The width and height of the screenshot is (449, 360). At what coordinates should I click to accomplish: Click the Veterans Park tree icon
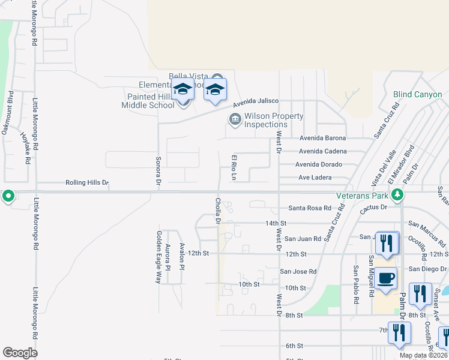point(397,194)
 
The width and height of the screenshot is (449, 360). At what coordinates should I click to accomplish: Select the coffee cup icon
point(387,278)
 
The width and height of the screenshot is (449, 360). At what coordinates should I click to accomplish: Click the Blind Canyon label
point(417,95)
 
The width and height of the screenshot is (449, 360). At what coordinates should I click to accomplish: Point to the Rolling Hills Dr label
point(88,182)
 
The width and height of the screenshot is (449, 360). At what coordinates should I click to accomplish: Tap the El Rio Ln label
point(235,167)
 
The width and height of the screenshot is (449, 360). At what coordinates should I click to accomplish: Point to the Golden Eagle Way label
point(159,257)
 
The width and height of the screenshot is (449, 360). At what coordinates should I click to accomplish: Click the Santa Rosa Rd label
point(310,208)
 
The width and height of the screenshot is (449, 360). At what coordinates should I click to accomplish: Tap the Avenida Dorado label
point(319,164)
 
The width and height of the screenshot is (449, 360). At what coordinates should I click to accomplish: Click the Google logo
point(20,353)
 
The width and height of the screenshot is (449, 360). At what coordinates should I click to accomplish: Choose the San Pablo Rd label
point(356,284)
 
